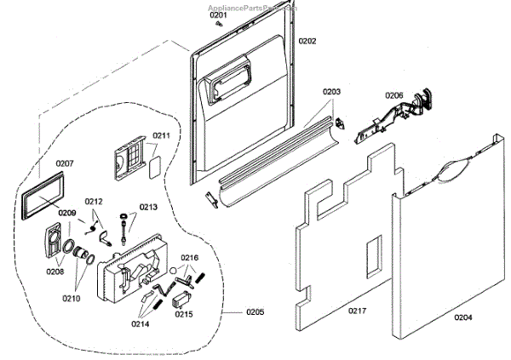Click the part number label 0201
tap(219, 15)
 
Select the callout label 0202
tap(307, 40)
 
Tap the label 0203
tap(331, 91)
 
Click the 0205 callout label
tap(255, 311)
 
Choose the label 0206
tap(393, 94)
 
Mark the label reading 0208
tap(55, 271)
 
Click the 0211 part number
tap(162, 135)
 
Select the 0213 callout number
tap(148, 207)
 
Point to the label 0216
tap(189, 257)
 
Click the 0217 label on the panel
tap(357, 311)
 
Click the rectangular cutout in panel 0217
tap(371, 256)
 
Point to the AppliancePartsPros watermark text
tap(255, 5)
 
